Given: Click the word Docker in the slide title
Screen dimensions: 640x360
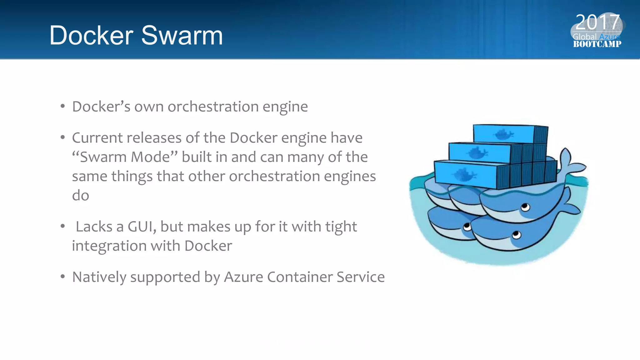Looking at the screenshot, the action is [91, 35].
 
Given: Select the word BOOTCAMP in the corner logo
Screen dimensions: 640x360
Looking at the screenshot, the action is [597, 44].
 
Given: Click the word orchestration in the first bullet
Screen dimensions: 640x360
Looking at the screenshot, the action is [213, 107].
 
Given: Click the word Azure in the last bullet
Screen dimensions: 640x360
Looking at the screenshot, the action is [243, 277].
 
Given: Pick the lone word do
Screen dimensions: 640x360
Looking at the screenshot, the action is [81, 196].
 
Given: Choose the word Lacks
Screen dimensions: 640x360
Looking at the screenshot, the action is [94, 227].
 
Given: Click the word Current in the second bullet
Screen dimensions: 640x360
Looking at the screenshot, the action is [96, 138].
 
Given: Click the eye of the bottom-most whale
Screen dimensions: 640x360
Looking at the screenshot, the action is [516, 234].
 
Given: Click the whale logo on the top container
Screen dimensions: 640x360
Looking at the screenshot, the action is [503, 134].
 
